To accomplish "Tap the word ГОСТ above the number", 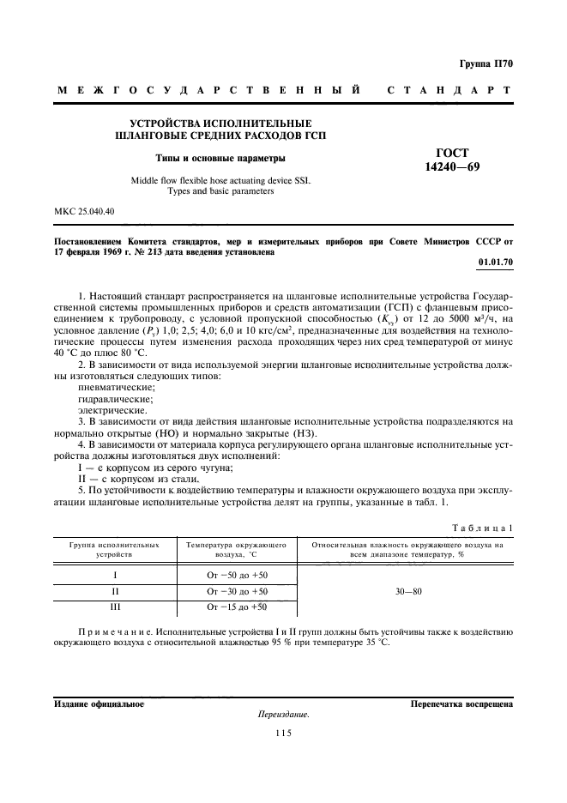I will point(451,152).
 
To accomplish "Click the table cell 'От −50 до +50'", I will point(237,575).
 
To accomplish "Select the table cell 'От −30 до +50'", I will point(237,591).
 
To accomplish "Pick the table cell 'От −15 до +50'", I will point(237,607).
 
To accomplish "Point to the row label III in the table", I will point(114,607).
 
